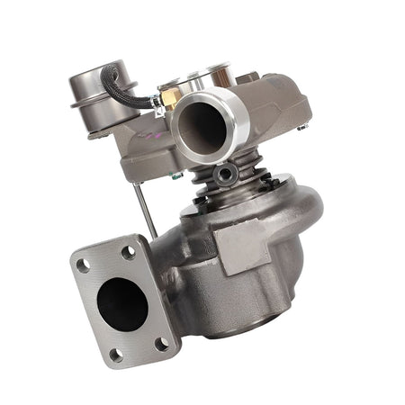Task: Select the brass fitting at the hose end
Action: [x=168, y=93]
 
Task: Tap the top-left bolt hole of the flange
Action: [x=83, y=266]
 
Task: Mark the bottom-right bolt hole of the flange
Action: [x=162, y=342]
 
